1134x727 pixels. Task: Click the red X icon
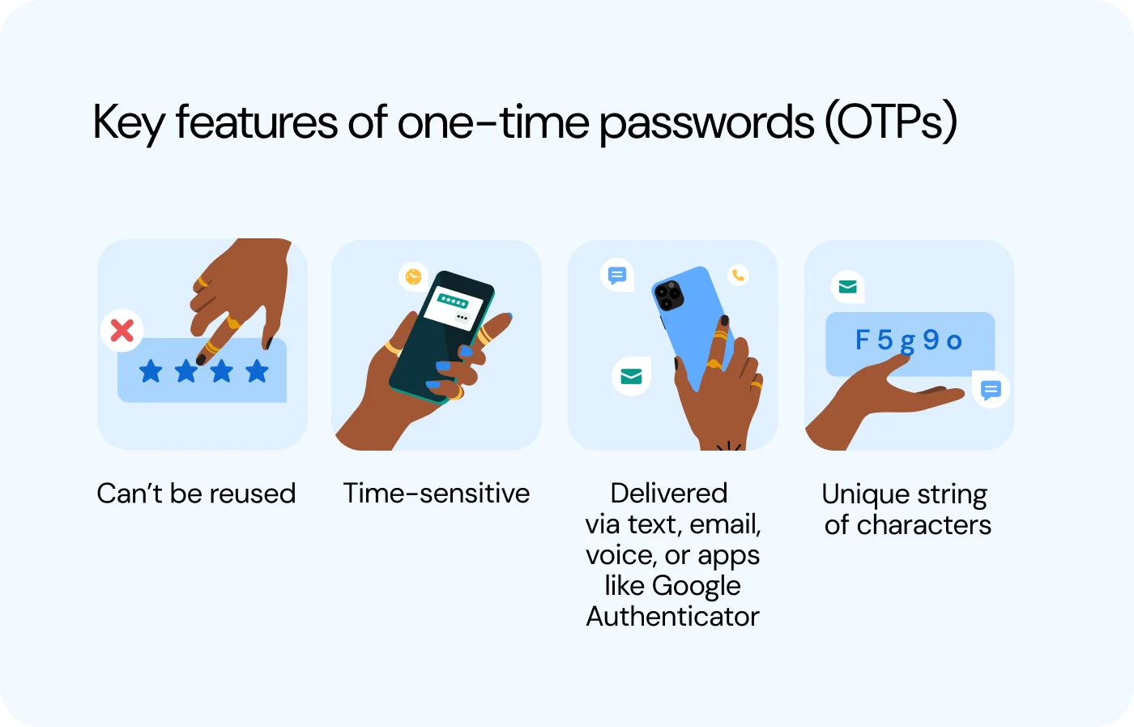tap(122, 331)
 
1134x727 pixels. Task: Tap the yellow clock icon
tap(414, 276)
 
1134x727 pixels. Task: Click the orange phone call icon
tap(738, 276)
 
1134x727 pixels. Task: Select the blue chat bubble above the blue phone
tap(617, 276)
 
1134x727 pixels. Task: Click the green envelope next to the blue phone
tap(631, 376)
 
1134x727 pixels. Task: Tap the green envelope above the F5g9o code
tap(847, 287)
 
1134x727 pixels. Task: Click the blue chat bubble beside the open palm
tap(990, 391)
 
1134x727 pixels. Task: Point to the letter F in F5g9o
tap(863, 340)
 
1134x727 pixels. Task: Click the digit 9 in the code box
tap(931, 340)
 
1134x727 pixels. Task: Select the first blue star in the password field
tap(151, 372)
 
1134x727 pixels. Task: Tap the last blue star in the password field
tap(257, 371)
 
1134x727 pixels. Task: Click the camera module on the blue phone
tap(669, 296)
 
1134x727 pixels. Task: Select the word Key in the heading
tap(129, 124)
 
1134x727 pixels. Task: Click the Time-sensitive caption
tap(436, 493)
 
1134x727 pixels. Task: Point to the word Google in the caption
tap(696, 586)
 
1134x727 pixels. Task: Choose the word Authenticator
tap(672, 617)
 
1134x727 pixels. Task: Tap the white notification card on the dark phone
tap(454, 306)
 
